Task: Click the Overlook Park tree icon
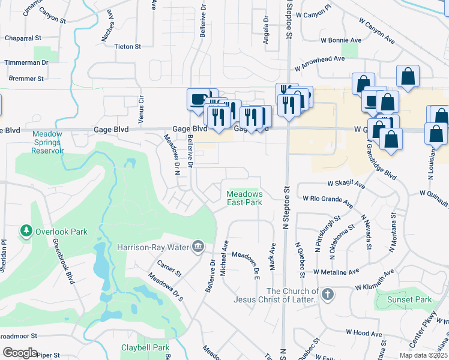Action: point(26,231)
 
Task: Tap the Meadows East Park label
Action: point(244,198)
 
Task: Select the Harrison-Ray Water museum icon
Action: point(198,246)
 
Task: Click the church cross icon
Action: point(327,294)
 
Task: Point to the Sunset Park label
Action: point(409,299)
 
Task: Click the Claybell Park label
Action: point(145,347)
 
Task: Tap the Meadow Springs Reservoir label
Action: point(47,142)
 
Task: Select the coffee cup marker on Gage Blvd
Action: point(197,100)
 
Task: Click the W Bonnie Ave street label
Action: point(341,41)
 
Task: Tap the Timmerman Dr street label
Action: point(26,62)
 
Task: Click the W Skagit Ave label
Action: point(346,185)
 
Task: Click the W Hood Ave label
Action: point(364,333)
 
